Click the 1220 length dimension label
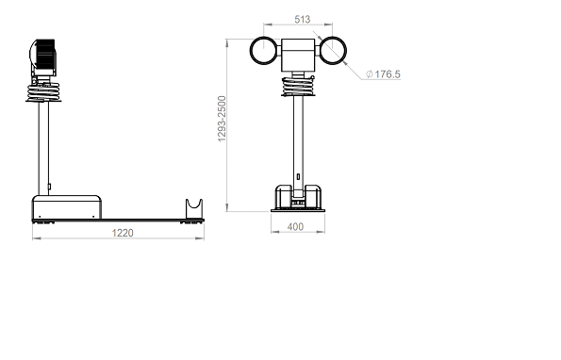coord(123,233)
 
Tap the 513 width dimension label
coord(303,19)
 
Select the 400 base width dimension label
coord(295,227)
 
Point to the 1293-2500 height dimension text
coord(222,119)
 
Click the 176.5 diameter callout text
coord(388,74)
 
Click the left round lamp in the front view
coord(251,50)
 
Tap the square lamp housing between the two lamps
coord(298,55)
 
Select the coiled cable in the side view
coord(43,91)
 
